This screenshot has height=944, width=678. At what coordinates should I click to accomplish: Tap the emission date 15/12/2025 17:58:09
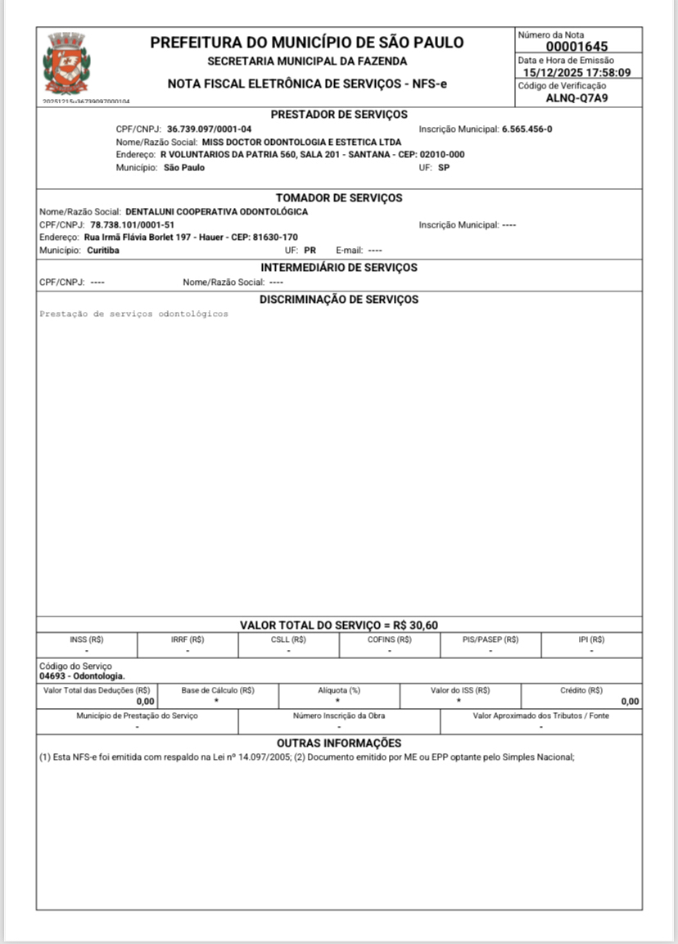pyautogui.click(x=577, y=73)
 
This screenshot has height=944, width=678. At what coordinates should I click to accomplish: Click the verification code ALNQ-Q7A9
pyautogui.click(x=577, y=98)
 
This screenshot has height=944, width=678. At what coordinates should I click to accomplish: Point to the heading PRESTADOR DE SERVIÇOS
pyautogui.click(x=339, y=115)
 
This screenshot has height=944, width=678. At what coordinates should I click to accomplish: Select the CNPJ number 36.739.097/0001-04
pyautogui.click(x=210, y=129)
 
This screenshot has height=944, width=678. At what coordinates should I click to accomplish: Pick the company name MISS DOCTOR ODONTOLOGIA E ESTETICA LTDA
pyautogui.click(x=302, y=142)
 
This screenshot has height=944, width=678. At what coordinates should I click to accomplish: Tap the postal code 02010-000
pyautogui.click(x=442, y=154)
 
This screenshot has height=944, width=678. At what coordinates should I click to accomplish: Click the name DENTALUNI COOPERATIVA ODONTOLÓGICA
pyautogui.click(x=216, y=212)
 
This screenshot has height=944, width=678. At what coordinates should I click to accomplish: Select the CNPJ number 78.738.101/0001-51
pyautogui.click(x=132, y=224)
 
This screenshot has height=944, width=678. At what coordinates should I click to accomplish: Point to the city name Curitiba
pyautogui.click(x=102, y=251)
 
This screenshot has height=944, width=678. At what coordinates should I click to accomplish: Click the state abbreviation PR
pyautogui.click(x=310, y=251)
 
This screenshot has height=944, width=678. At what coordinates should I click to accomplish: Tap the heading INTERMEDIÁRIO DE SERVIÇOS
pyautogui.click(x=339, y=268)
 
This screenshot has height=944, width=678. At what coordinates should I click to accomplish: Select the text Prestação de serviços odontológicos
pyautogui.click(x=134, y=314)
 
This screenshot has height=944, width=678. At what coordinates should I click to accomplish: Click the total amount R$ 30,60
pyautogui.click(x=416, y=626)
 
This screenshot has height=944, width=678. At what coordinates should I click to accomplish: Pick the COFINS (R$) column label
pyautogui.click(x=390, y=639)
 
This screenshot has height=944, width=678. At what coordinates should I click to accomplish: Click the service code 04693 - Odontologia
pyautogui.click(x=82, y=676)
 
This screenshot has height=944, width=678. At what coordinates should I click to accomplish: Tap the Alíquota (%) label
pyautogui.click(x=339, y=690)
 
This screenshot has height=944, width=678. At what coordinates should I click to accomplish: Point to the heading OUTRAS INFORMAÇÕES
pyautogui.click(x=339, y=743)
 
